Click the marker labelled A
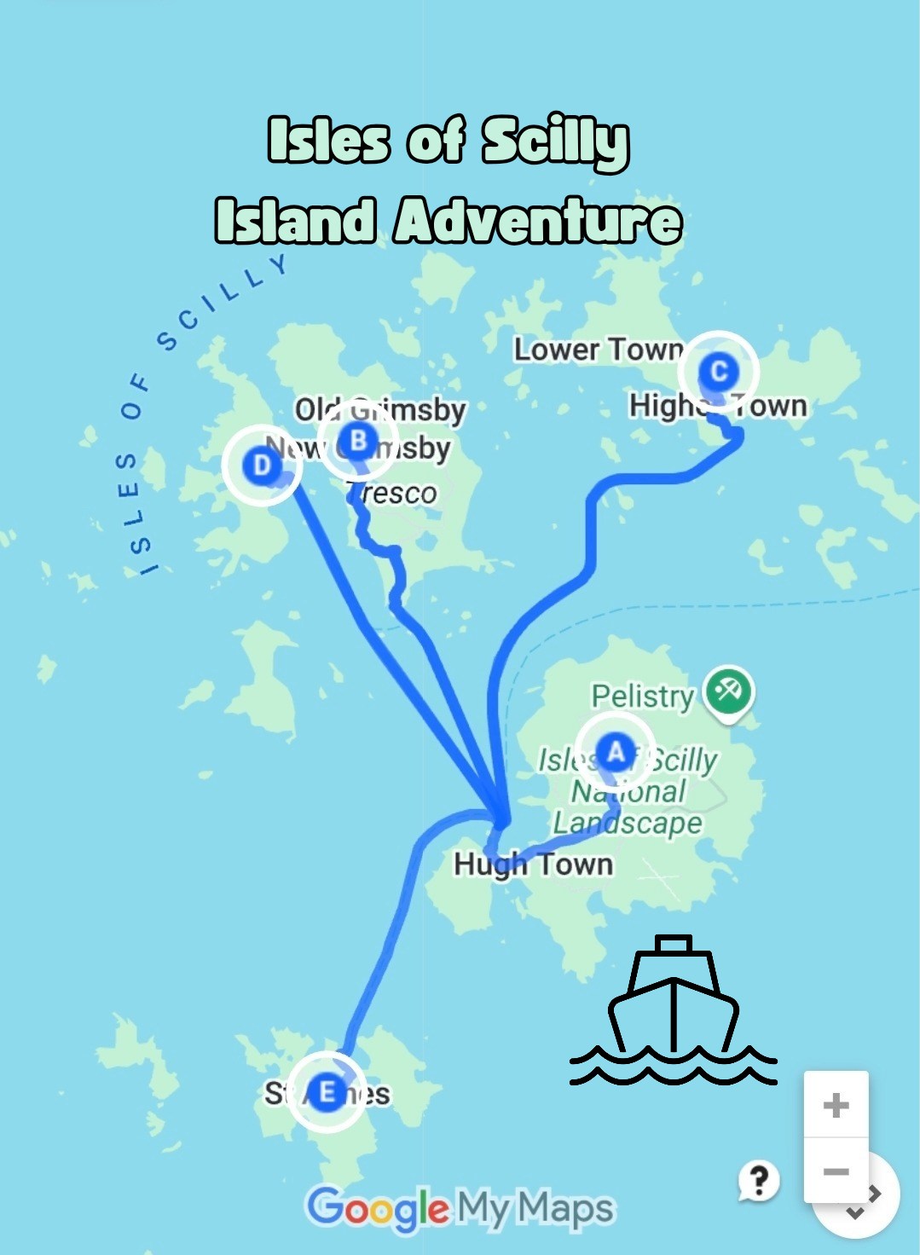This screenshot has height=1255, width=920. [x=614, y=753]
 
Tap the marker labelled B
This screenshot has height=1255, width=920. [x=358, y=442]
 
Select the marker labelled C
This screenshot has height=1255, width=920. [x=719, y=372]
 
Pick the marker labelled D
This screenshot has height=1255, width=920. [x=262, y=466]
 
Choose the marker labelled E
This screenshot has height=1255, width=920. [x=326, y=1092]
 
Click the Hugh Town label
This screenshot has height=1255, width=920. [x=533, y=864]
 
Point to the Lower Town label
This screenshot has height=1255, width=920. [x=598, y=350]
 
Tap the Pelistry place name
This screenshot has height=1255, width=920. [x=643, y=696]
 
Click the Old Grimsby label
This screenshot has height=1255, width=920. [x=380, y=410]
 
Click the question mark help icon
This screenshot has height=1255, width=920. [x=758, y=1181]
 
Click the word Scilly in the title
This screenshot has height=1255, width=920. [x=555, y=142]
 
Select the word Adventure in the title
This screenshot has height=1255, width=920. [x=538, y=221]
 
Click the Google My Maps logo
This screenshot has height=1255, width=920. [x=460, y=1208]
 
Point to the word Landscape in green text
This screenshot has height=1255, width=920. [x=628, y=823]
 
